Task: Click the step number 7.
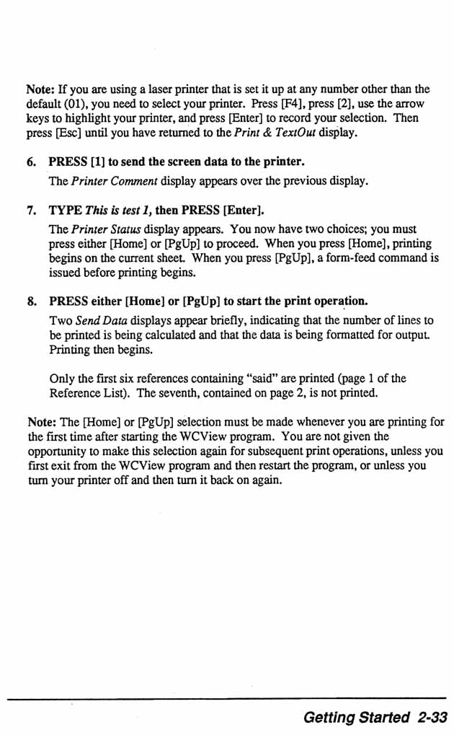pos(30,211)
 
